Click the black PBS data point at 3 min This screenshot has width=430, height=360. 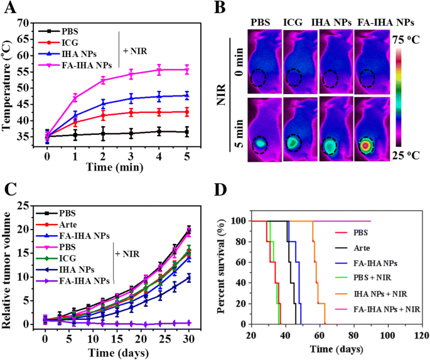tap(131, 133)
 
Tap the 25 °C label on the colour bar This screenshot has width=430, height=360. tap(406, 155)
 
